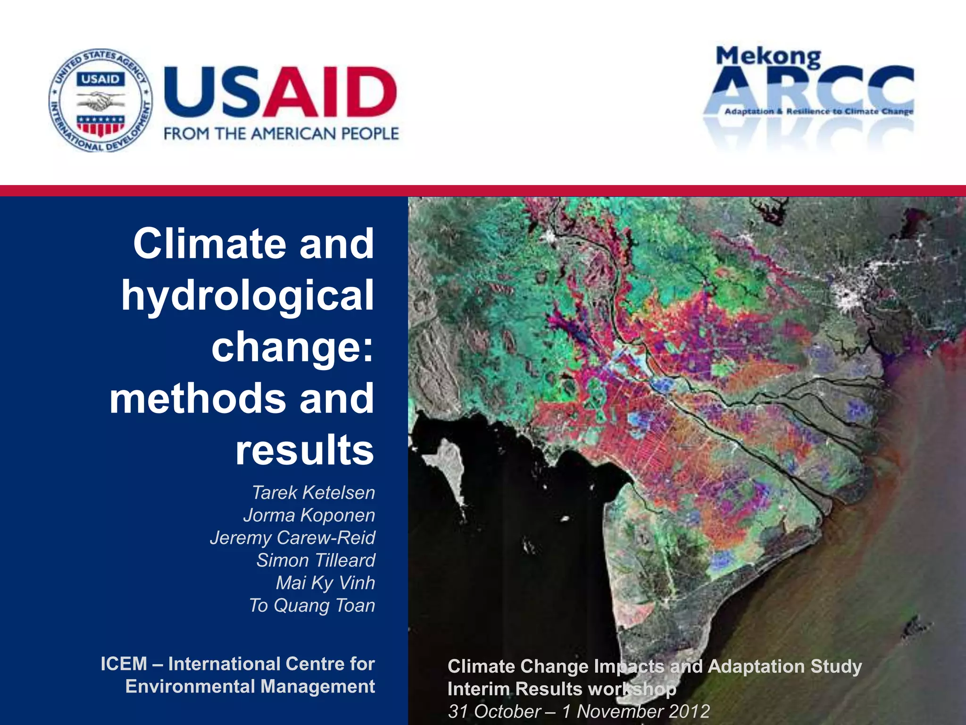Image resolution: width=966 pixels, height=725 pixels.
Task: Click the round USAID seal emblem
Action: (x=100, y=100)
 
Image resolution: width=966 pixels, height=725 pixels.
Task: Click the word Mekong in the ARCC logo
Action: (x=768, y=57)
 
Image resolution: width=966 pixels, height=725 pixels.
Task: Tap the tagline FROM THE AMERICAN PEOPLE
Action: (x=281, y=134)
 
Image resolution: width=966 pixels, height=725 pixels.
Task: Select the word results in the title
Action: (x=305, y=450)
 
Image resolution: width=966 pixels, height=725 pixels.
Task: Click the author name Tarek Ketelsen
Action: (x=313, y=493)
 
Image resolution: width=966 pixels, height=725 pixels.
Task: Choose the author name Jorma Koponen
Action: (x=309, y=515)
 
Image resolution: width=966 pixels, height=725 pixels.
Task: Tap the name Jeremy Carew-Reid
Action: (x=292, y=538)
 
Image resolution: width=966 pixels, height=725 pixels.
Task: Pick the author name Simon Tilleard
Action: (x=316, y=560)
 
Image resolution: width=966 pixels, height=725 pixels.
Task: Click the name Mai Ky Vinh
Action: (x=325, y=583)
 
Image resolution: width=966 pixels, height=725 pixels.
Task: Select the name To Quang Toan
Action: (x=312, y=606)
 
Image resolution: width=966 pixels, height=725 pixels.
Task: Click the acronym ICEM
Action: (x=124, y=664)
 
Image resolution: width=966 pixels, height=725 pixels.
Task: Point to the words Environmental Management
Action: (x=250, y=687)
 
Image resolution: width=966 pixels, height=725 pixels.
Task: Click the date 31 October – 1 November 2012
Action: (x=579, y=711)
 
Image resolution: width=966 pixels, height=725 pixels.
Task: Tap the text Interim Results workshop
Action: (x=561, y=689)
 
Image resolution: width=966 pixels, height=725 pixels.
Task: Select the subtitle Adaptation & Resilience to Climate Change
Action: (x=818, y=111)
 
